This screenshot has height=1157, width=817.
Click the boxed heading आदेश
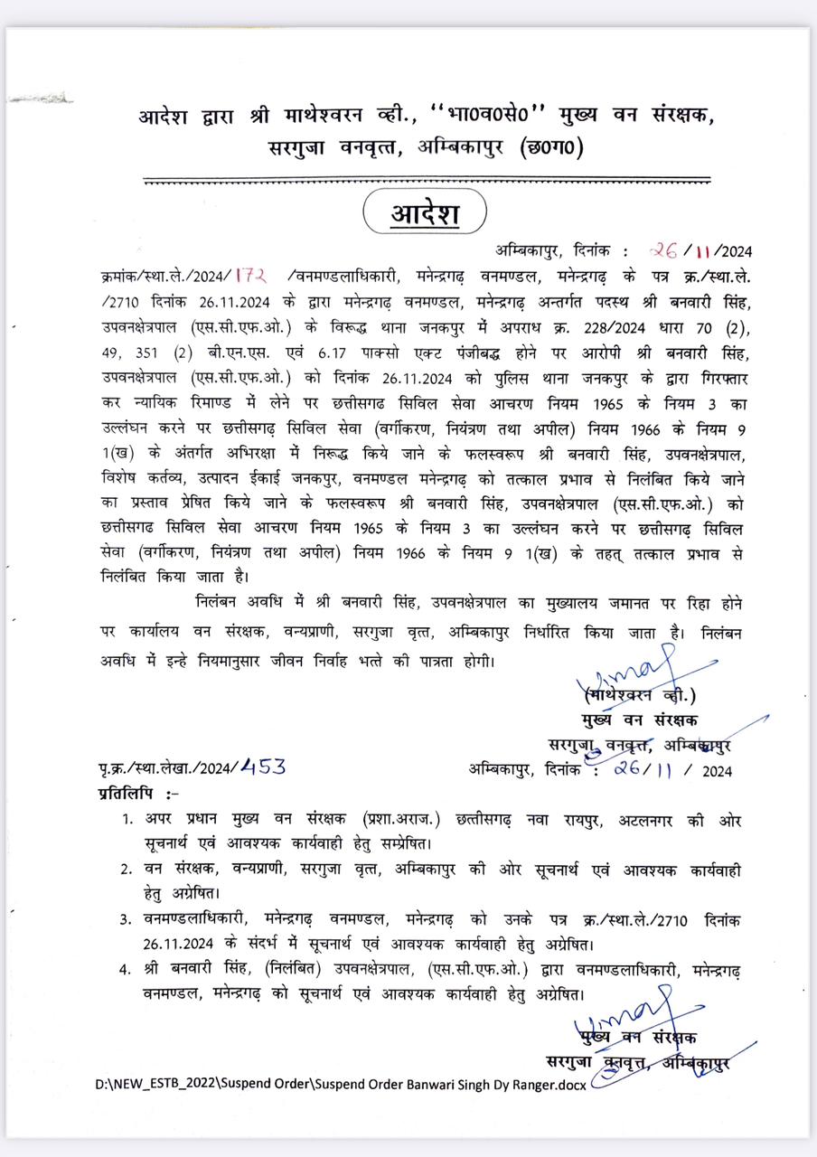click(425, 214)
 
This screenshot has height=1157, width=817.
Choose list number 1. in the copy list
click(130, 819)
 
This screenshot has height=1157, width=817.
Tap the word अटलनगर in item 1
click(653, 819)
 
